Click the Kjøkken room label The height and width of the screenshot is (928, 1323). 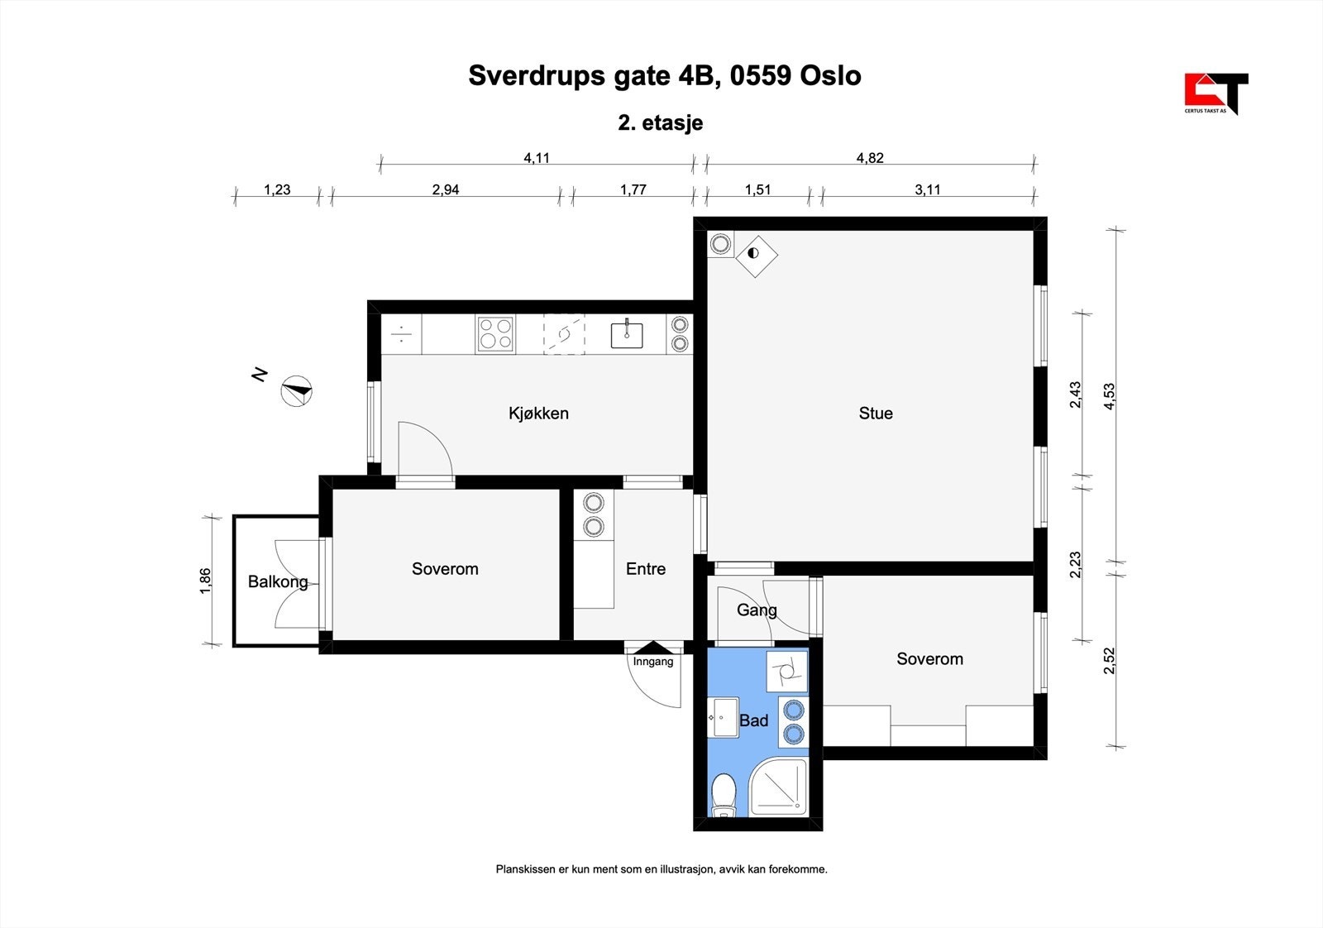(x=538, y=414)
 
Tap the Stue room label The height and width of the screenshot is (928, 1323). (x=876, y=414)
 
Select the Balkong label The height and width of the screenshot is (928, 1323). (x=278, y=582)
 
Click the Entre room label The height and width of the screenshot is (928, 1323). (x=646, y=569)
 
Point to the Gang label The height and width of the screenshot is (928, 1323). (x=757, y=610)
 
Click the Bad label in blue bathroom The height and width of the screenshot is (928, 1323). (x=753, y=720)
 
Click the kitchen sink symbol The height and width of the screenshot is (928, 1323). (x=628, y=335)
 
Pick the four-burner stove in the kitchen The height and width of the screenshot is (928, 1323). (x=495, y=335)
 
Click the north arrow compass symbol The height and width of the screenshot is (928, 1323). (x=296, y=390)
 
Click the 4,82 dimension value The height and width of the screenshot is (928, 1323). (x=870, y=158)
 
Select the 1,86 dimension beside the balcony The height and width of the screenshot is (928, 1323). (x=206, y=581)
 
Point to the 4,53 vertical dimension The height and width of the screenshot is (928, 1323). (x=1109, y=400)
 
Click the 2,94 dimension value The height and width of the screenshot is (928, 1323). (x=446, y=189)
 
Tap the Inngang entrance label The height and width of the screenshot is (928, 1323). (x=653, y=662)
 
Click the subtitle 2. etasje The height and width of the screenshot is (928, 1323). (x=661, y=123)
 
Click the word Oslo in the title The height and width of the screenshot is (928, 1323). (x=830, y=75)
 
